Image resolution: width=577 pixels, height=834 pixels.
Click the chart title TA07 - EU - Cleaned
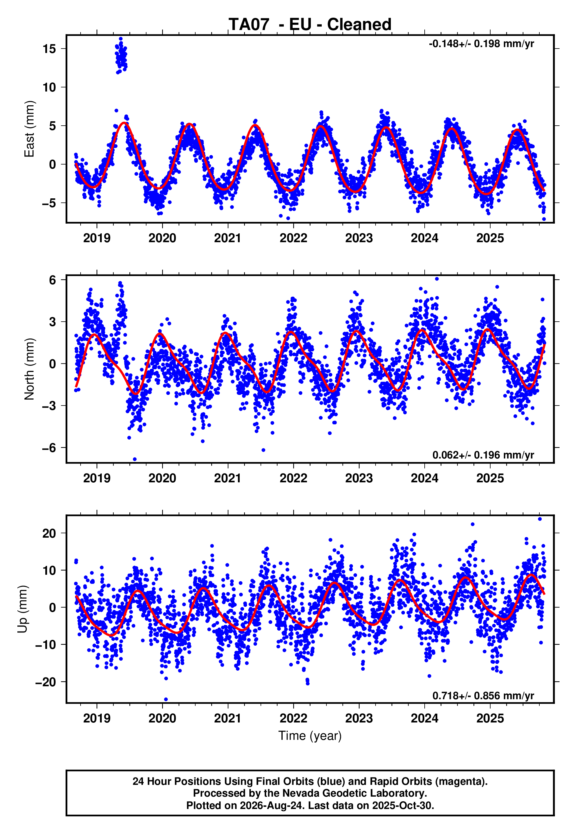pyautogui.click(x=310, y=25)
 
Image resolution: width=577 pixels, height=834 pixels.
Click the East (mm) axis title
pyautogui.click(x=29, y=129)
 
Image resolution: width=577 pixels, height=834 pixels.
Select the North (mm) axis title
pyautogui.click(x=29, y=369)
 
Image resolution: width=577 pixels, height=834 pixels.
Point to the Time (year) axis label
pyautogui.click(x=310, y=736)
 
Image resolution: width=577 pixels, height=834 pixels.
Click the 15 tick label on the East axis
pyautogui.click(x=49, y=49)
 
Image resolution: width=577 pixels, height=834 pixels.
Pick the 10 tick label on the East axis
pyautogui.click(x=49, y=87)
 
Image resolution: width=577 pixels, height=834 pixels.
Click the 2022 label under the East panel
pyautogui.click(x=293, y=238)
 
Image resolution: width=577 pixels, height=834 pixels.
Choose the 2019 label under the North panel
pyautogui.click(x=96, y=478)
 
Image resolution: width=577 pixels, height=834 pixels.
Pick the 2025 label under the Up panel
pyautogui.click(x=490, y=718)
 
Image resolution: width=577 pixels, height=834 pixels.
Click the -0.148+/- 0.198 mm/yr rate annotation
pyautogui.click(x=481, y=44)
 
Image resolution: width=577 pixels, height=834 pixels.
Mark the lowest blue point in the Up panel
pyautogui.click(x=166, y=700)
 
